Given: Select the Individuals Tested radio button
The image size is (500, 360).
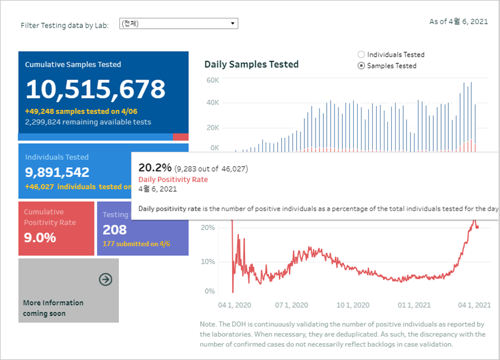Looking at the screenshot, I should [x=361, y=54].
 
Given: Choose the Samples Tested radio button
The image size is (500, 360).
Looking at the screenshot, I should [x=361, y=66].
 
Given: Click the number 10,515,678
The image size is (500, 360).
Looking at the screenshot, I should [x=96, y=89].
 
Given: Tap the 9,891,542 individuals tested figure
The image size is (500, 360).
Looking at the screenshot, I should [x=57, y=172].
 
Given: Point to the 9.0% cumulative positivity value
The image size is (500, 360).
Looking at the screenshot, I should [x=40, y=238].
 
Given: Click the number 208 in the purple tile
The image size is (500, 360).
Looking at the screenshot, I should [x=115, y=229].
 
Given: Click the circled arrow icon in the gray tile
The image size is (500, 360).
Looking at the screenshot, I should [x=105, y=279].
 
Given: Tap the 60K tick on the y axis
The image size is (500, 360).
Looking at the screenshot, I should [x=213, y=80].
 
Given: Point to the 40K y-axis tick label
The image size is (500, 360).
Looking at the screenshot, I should [x=213, y=103].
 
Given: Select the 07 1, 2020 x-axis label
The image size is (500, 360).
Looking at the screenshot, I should [x=292, y=305].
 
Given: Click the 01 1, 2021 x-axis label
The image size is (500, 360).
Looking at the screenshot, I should [x=415, y=305].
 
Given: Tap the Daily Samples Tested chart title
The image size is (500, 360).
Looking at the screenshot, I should [x=251, y=64].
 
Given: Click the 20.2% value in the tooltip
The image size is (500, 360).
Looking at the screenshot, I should [x=155, y=167].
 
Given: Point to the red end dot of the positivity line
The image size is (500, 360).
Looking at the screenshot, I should [x=477, y=227].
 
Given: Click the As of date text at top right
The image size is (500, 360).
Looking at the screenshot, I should [x=458, y=22].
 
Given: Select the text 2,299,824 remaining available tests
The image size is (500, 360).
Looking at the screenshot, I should [x=88, y=122].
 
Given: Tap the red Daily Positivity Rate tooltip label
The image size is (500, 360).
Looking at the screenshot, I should [x=173, y=179].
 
